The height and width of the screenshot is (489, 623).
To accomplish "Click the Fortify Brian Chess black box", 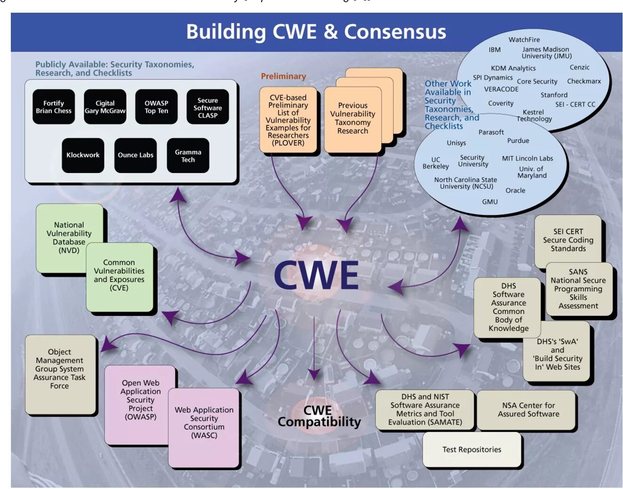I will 54,107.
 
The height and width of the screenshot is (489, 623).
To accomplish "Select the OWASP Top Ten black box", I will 156,107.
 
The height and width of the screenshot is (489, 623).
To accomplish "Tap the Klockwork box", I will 83,155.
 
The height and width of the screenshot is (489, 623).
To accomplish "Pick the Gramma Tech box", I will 188,156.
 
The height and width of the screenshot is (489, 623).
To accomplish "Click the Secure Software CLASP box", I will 208,107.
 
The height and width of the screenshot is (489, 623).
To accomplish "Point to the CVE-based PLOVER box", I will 288,120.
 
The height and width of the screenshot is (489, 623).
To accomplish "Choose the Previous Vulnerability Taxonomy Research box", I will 352,118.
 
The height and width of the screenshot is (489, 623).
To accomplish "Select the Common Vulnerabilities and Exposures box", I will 119,276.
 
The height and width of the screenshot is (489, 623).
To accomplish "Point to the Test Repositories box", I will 471,450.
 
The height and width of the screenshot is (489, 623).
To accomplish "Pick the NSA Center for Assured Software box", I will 528,410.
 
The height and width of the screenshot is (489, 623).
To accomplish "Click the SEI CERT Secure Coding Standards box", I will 568,240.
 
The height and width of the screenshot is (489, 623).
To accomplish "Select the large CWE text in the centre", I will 316,275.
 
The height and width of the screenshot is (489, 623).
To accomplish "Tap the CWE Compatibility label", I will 319,416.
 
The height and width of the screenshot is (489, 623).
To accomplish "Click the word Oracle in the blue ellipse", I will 515,190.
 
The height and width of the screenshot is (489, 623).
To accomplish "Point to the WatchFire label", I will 524,40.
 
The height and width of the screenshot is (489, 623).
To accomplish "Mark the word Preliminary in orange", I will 283,76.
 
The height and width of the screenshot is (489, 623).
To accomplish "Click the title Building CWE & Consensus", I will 316,32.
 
